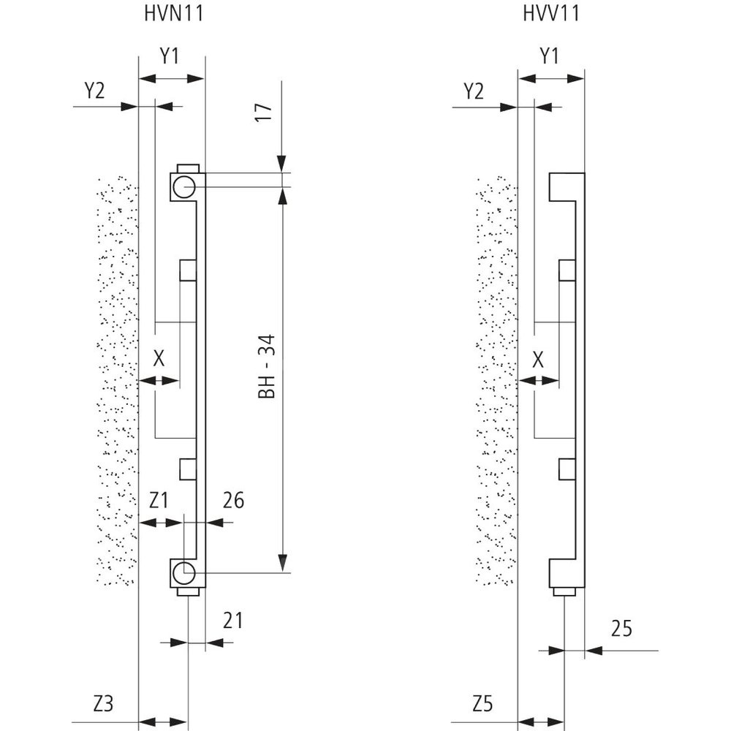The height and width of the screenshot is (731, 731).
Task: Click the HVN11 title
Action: tap(173, 14)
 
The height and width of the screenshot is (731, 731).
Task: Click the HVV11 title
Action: tap(551, 14)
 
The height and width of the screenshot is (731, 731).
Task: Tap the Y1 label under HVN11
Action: tap(170, 56)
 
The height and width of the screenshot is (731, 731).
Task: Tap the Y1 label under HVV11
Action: tap(550, 56)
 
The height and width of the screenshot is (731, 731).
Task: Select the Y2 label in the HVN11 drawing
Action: tap(94, 91)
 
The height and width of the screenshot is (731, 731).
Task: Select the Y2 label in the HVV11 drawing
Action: tap(474, 91)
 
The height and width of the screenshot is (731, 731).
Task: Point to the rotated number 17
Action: tap(265, 112)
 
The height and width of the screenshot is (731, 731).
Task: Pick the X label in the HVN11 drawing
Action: tap(159, 359)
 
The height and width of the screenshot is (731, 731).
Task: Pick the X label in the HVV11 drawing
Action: tap(539, 359)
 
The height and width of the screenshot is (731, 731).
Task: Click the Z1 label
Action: tap(159, 501)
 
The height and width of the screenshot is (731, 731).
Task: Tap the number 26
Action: tap(233, 501)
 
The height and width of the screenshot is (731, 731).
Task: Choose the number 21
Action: tap(232, 621)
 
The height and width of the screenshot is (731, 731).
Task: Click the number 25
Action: tap(621, 628)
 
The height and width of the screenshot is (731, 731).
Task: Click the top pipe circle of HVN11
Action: tap(183, 186)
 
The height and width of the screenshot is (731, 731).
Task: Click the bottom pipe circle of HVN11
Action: tap(183, 572)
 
